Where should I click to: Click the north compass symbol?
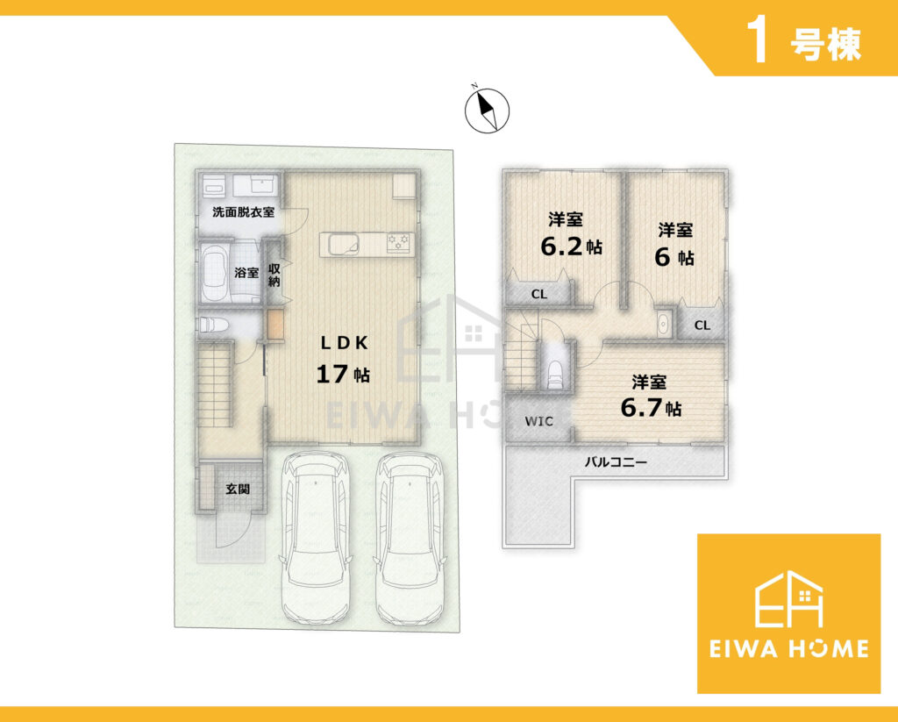487,110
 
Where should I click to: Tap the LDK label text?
344,343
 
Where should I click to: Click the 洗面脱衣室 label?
244,212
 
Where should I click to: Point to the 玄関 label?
237,490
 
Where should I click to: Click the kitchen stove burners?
399,242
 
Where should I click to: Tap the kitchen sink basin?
343,243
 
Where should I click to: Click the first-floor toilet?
213,325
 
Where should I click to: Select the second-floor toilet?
554,375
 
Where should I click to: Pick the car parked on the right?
410,538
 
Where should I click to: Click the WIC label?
539,421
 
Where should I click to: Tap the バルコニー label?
616,461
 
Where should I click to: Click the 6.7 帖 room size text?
652,408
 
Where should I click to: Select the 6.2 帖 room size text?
571,246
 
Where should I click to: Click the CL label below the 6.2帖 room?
539,295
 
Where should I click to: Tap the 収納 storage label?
274,275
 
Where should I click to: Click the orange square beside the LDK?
275,325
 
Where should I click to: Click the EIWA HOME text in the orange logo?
788,648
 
